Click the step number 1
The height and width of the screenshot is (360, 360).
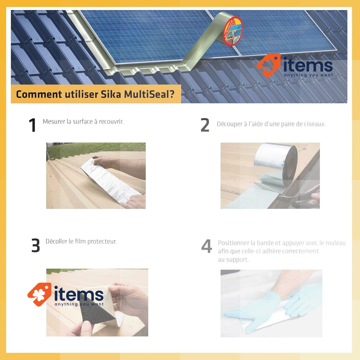[32, 125]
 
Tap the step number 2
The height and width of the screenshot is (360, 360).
[205, 125]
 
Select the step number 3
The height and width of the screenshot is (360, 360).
[36, 246]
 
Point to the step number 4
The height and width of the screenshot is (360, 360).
[207, 246]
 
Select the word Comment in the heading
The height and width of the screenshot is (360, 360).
[39, 94]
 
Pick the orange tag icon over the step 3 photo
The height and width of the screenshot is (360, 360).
[39, 294]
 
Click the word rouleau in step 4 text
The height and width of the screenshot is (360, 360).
[335, 243]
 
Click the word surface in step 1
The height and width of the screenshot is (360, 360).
[83, 122]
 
